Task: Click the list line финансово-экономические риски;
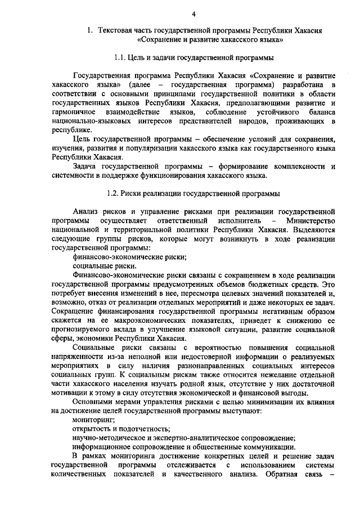coord(130,256)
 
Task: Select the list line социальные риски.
coord(105,265)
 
